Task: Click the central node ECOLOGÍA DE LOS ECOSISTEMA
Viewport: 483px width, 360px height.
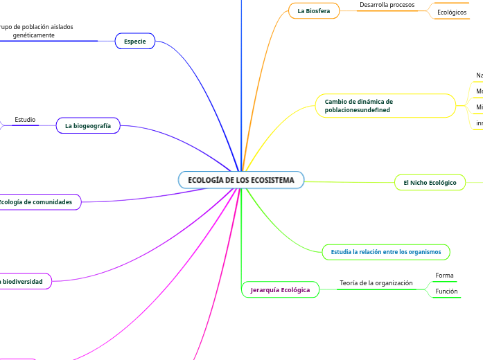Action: [241, 180]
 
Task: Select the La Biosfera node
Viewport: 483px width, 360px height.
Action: [314, 11]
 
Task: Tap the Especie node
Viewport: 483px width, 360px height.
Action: [134, 42]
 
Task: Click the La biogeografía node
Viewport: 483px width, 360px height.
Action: [88, 126]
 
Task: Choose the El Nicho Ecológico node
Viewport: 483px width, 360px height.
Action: [430, 183]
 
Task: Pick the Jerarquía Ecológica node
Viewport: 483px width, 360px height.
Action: [280, 289]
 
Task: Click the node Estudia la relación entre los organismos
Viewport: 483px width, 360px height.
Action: [386, 252]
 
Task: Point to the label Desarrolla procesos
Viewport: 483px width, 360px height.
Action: [387, 5]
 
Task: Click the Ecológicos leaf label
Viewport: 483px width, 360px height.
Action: [452, 12]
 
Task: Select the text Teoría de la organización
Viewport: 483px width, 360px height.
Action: [376, 283]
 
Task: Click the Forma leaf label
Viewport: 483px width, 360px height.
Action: [444, 276]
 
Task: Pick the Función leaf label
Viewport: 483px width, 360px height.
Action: [446, 291]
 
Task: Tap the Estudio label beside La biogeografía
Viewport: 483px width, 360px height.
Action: [25, 120]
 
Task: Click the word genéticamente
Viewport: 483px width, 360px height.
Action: [34, 35]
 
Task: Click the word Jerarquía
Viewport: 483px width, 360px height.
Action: [265, 289]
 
